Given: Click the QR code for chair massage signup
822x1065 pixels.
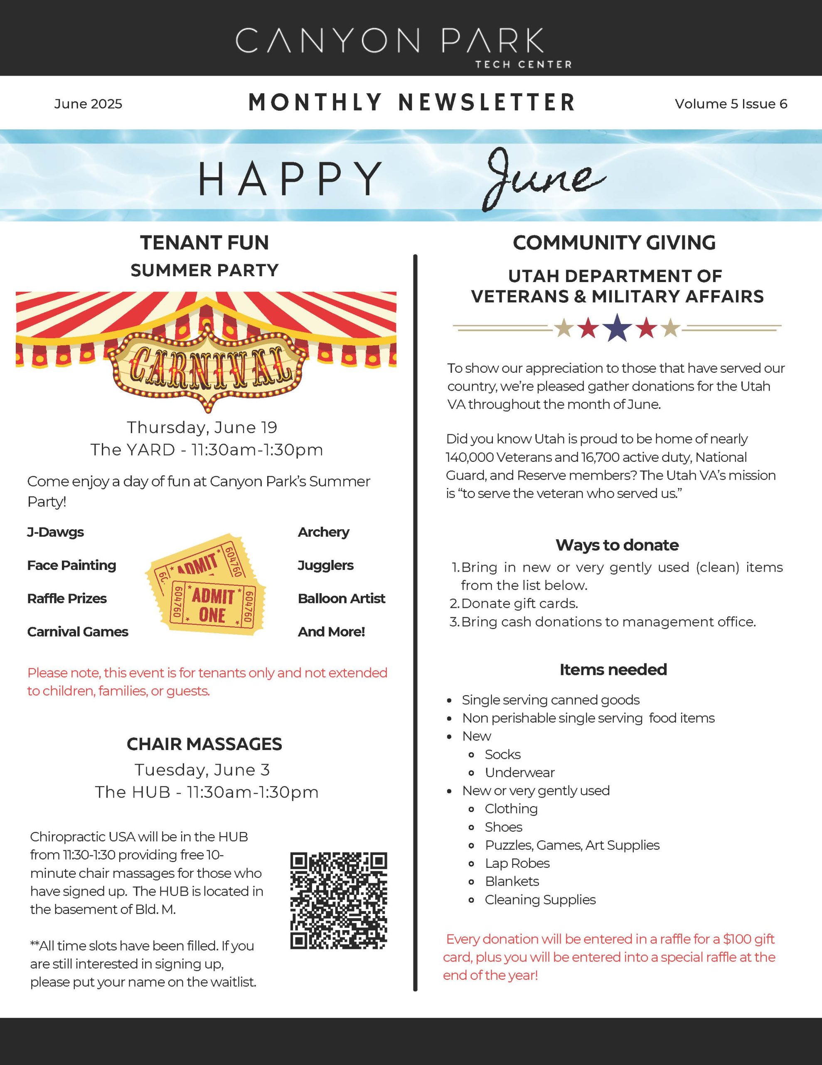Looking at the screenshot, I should click(339, 901).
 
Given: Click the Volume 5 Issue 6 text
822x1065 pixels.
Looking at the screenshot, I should click(731, 104).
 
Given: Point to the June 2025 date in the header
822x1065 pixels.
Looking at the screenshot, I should click(88, 104).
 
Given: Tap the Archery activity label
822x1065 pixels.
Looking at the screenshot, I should click(324, 532).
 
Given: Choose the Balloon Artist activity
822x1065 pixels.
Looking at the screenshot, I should click(341, 598).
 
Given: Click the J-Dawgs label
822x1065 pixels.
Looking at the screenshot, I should click(56, 532).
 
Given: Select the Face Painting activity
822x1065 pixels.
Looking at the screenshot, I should click(71, 565).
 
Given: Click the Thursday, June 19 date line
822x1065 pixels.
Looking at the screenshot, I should click(202, 427).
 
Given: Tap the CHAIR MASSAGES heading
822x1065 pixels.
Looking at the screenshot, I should click(204, 744).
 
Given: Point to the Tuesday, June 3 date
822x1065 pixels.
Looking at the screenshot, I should click(202, 770).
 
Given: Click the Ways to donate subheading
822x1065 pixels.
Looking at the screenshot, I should click(617, 545).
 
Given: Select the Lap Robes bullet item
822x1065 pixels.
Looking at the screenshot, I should click(517, 863).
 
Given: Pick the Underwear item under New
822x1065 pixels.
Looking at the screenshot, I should click(519, 773).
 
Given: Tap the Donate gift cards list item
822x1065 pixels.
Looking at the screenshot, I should click(519, 604).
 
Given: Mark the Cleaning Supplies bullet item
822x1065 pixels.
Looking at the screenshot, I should click(540, 900).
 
